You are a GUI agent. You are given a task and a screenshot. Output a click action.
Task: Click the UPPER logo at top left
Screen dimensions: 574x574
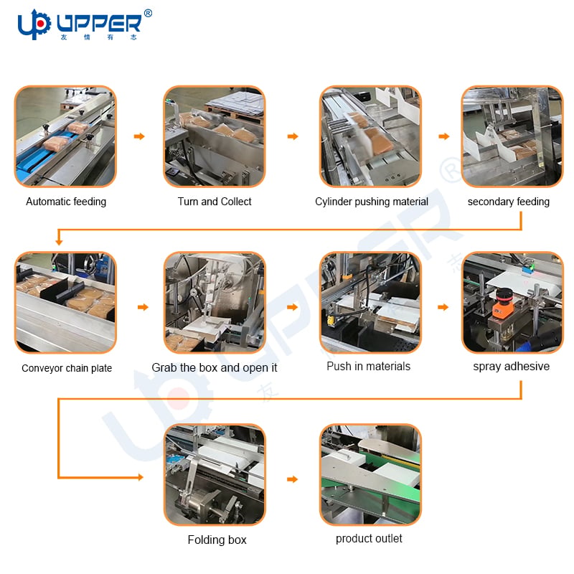pyautogui.click(x=85, y=24)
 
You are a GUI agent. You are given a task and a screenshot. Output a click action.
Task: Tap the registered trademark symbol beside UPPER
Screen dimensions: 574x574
pyautogui.click(x=148, y=14)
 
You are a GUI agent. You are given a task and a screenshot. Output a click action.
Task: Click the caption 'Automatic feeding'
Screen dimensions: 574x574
pyautogui.click(x=66, y=202)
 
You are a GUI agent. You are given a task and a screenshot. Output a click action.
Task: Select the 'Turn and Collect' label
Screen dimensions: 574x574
pyautogui.click(x=215, y=202)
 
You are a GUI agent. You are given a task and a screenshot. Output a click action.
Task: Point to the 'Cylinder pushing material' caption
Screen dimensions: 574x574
pyautogui.click(x=372, y=202)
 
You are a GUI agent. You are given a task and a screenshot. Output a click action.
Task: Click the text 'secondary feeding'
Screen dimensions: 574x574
pyautogui.click(x=509, y=202)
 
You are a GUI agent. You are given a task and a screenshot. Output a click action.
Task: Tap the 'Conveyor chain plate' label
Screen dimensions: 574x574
pyautogui.click(x=67, y=368)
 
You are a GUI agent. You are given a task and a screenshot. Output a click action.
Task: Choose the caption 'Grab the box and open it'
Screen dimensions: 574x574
pyautogui.click(x=215, y=367)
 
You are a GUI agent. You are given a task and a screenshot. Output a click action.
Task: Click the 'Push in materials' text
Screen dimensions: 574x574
pyautogui.click(x=369, y=366)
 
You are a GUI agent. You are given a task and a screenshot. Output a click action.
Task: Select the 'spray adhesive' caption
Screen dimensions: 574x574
pyautogui.click(x=512, y=367)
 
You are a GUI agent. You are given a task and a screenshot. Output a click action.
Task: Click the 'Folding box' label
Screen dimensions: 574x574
pyautogui.click(x=217, y=540)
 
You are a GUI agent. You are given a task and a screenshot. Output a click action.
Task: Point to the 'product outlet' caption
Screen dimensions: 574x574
pyautogui.click(x=369, y=539)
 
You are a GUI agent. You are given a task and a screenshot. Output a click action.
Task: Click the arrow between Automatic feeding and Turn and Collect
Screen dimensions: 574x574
pyautogui.click(x=139, y=136)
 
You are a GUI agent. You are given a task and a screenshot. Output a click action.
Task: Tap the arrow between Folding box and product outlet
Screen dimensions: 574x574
pyautogui.click(x=292, y=479)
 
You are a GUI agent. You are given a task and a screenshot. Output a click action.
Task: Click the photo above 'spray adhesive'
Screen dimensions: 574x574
pyautogui.click(x=512, y=302)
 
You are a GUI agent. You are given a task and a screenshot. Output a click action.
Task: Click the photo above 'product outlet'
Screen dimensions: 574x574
pyautogui.click(x=370, y=474)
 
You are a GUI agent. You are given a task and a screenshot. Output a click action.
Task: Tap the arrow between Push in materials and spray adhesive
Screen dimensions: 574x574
pyautogui.click(x=443, y=307)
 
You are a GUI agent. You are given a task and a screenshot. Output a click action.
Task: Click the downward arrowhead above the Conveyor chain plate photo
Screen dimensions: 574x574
pyautogui.click(x=59, y=242)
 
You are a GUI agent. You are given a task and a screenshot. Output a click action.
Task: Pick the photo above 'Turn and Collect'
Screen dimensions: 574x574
pyautogui.click(x=214, y=136)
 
